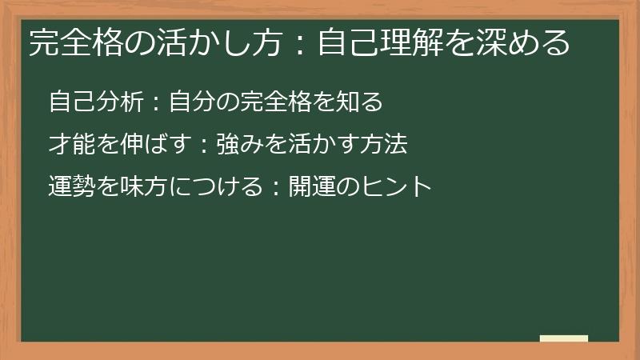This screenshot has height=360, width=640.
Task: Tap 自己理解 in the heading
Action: click(x=379, y=42)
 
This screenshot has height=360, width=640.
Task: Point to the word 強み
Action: click(x=240, y=145)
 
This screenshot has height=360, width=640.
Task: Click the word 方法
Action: click(x=384, y=145)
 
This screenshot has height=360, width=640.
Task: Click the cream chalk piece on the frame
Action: click(x=563, y=338)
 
